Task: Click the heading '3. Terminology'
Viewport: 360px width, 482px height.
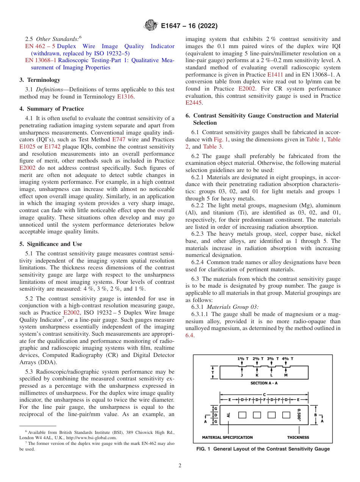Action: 40,80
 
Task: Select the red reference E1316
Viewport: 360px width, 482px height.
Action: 125,97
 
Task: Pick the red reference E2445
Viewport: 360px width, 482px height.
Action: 194,103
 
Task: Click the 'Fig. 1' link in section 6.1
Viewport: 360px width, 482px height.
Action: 221,139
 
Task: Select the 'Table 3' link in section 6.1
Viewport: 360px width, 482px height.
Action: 212,146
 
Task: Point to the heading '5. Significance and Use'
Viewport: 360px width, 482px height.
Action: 50,244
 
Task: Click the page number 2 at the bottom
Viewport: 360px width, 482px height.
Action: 180,466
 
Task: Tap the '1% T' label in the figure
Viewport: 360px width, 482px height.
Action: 243,358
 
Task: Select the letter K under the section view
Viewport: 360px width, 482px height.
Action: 257,375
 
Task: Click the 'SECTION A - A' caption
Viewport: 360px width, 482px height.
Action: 264,383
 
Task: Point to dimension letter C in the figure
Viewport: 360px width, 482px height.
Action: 264,394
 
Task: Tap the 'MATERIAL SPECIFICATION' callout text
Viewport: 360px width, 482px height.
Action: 227,437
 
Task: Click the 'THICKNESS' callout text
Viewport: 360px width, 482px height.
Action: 298,437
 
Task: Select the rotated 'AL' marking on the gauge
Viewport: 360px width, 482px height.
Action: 229,415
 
